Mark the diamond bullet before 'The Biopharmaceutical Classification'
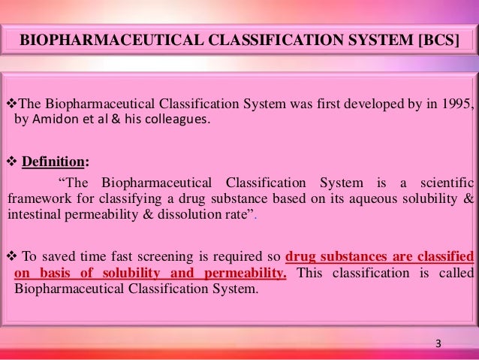tap(10, 103)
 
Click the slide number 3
tap(438, 344)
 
